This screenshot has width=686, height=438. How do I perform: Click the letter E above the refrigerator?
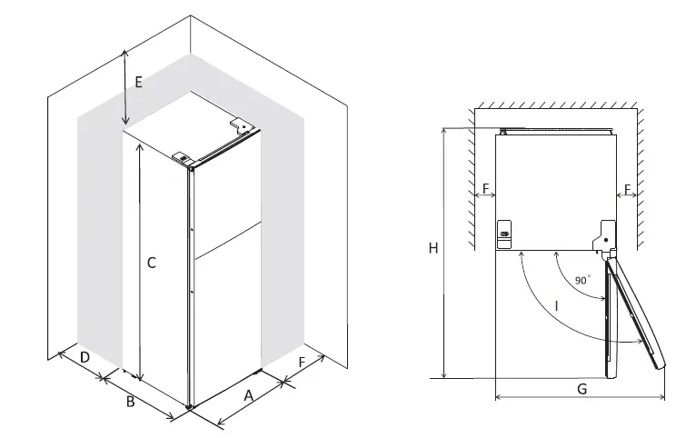point(138,82)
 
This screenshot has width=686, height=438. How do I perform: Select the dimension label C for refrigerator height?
point(152,264)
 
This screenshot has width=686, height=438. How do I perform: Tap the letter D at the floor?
point(84,358)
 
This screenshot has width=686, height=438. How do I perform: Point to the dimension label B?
point(130,401)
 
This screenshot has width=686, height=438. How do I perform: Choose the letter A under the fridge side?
point(247,394)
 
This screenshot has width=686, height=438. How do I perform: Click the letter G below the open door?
point(582,388)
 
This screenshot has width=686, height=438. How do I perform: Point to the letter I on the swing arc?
point(555,308)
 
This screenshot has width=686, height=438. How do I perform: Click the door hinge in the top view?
point(602,236)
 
